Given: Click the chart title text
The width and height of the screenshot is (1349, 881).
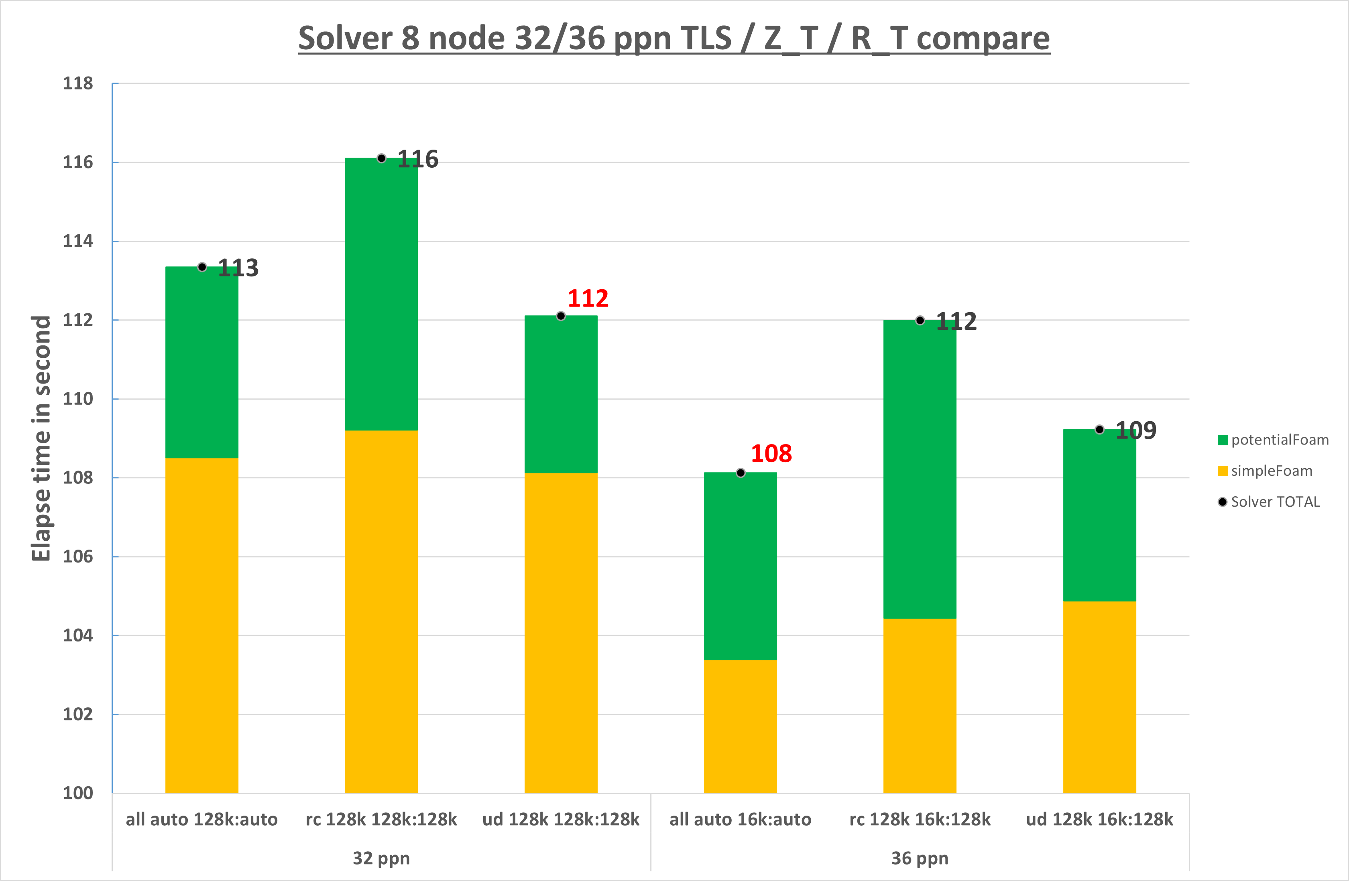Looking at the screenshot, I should (x=674, y=39).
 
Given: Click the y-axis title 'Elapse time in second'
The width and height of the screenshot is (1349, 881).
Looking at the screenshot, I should (x=41, y=438).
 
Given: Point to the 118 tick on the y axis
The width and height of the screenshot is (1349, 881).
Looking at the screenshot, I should (x=77, y=84).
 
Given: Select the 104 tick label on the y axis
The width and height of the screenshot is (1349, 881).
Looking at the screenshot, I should (x=77, y=635).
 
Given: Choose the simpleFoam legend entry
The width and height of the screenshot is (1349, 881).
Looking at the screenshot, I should (x=1265, y=471).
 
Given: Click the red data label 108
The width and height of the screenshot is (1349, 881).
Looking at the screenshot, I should (x=771, y=453).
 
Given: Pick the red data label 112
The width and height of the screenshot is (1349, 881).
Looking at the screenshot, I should (x=588, y=298).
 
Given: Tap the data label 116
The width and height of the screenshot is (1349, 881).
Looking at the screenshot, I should (x=418, y=159).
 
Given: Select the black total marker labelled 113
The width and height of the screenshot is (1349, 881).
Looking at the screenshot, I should (x=202, y=267).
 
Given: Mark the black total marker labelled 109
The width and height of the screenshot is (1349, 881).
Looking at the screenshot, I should (x=1099, y=429).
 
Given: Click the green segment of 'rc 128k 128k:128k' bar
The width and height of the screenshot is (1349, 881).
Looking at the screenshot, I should (x=381, y=294).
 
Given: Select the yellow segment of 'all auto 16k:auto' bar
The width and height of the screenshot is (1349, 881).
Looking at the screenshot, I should (x=740, y=726).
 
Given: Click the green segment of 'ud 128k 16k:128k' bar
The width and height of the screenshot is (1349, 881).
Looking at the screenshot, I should (x=1099, y=516).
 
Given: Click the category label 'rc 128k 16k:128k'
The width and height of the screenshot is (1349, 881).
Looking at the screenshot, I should (x=920, y=819).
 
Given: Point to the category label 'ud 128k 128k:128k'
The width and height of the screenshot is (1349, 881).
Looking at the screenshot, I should (x=561, y=819).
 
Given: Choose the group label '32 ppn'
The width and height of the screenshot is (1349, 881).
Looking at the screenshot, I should (x=381, y=859).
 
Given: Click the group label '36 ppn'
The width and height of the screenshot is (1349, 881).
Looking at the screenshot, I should (x=920, y=859).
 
